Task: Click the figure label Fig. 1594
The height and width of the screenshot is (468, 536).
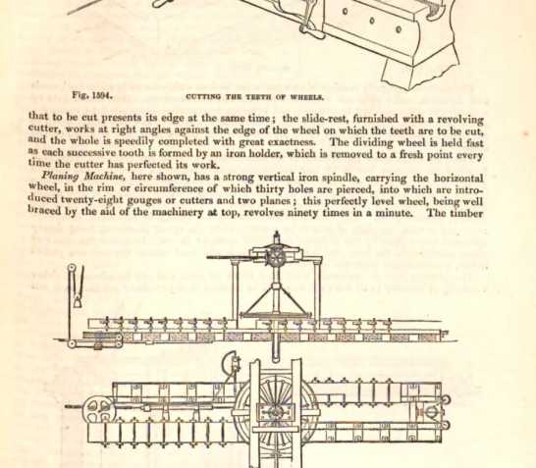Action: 92,95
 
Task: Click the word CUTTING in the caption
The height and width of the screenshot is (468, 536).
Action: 198,97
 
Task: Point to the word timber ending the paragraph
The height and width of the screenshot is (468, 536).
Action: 466,213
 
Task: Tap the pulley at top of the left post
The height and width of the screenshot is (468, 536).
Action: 72,269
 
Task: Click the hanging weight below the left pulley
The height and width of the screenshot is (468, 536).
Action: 78,302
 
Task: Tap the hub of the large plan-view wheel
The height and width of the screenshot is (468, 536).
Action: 275,412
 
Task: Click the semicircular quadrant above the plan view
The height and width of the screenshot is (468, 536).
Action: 230,363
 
